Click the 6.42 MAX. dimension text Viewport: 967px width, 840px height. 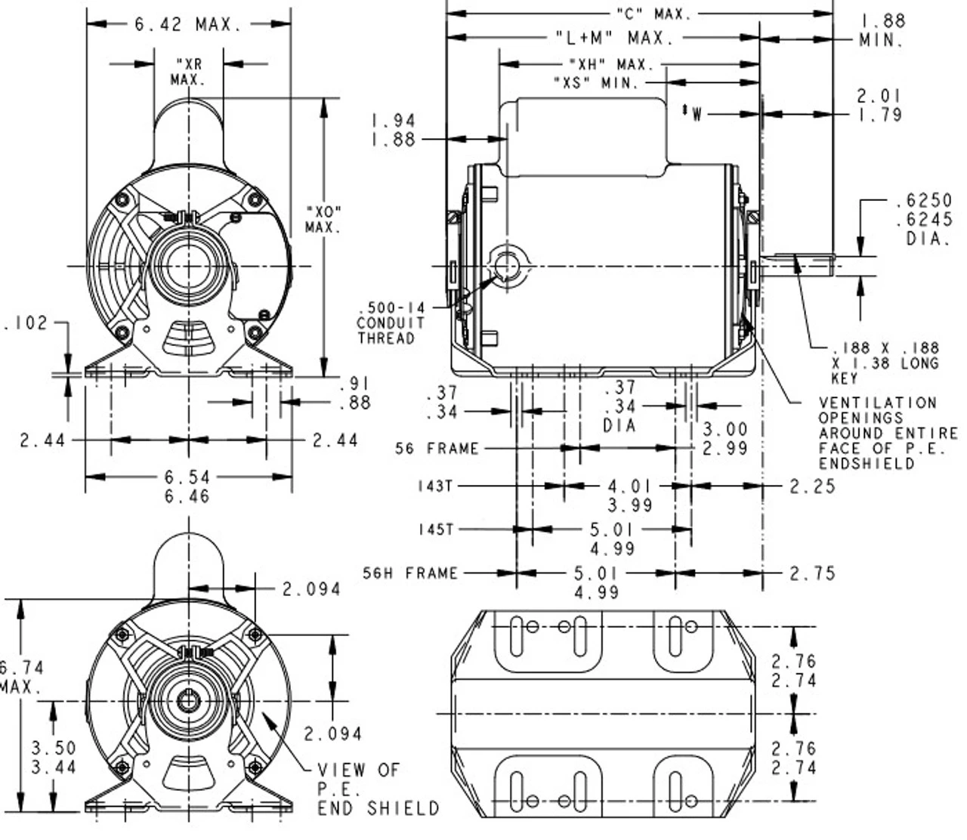(188, 24)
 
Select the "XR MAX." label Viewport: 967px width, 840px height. (188, 72)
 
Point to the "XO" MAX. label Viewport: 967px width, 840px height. (323, 218)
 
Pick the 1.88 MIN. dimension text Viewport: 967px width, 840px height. (882, 30)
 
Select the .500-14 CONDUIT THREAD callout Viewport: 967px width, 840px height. (391, 323)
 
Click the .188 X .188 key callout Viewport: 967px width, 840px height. (885, 363)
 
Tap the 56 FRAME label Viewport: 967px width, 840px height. (437, 449)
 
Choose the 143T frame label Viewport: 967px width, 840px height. (434, 486)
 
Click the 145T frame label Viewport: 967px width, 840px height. (435, 530)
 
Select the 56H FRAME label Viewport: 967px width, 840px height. (410, 573)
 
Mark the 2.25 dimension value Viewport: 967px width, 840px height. (813, 486)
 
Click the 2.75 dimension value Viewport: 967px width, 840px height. (813, 573)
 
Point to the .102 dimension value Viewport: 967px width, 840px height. (26, 323)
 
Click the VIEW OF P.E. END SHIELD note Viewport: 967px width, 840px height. (377, 789)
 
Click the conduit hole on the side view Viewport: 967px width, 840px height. (507, 267)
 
